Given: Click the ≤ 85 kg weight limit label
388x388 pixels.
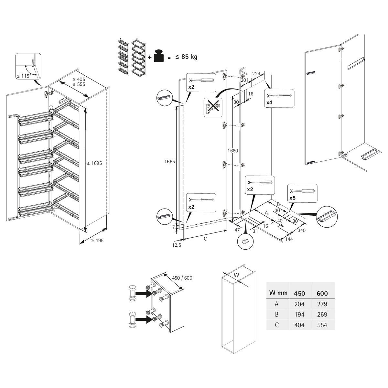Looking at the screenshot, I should coord(186,57).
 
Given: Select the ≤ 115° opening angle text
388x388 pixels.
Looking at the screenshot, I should coord(24,76).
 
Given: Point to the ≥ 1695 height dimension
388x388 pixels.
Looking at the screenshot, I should coord(94,163).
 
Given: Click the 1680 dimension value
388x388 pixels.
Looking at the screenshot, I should coord(233,151).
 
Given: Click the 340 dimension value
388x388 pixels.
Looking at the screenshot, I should coord(301,231).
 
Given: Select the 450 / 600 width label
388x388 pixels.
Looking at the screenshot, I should coord(182,278).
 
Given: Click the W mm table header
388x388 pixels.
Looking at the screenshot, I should coord(278,293).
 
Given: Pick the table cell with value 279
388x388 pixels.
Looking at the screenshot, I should coord(322,304).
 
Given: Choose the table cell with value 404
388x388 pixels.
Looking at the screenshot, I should coord(299,325).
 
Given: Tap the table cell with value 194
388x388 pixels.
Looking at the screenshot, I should coord(299,314).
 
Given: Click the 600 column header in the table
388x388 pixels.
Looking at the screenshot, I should coord(322,293).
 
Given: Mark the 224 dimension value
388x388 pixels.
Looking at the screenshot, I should coord(256,74).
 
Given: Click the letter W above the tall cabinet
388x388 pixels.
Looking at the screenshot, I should coord(236,275).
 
